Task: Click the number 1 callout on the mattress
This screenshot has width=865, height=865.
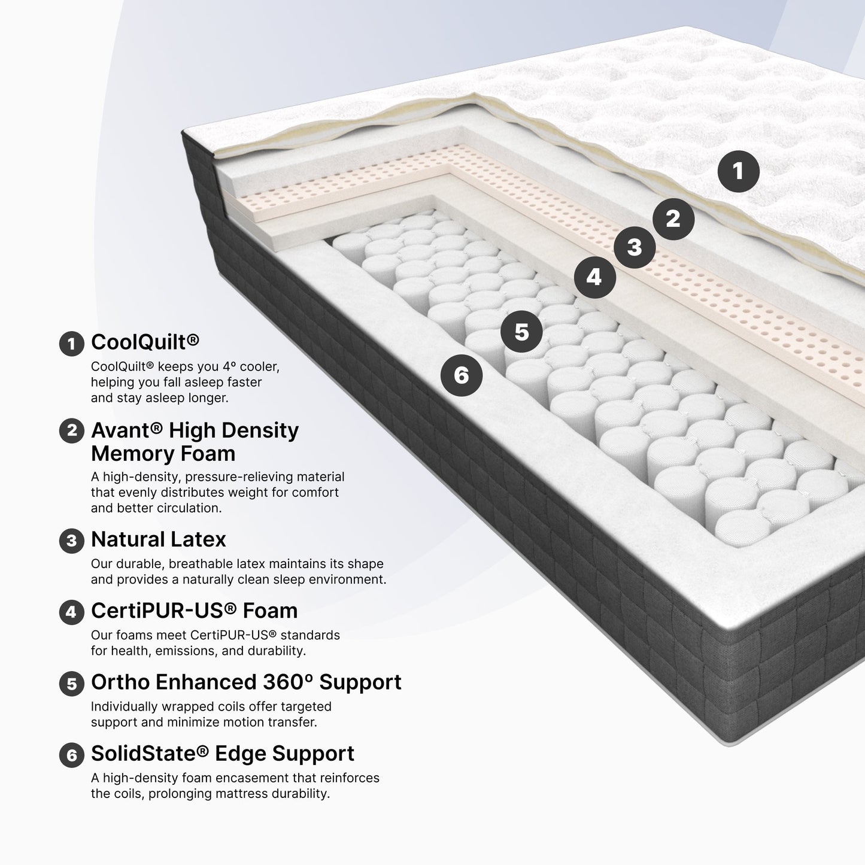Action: click(x=738, y=171)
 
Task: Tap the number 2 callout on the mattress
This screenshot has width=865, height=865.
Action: click(x=673, y=219)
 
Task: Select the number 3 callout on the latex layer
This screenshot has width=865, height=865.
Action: click(x=635, y=247)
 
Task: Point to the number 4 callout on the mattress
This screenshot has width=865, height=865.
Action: click(x=595, y=277)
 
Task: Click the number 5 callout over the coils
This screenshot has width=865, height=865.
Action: click(x=521, y=332)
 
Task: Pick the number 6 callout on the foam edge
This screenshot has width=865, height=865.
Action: click(x=462, y=375)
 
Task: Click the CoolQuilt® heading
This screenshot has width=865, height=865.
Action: click(x=145, y=342)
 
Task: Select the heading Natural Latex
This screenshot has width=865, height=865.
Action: click(x=159, y=539)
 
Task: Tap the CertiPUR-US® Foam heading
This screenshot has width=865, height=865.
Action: click(x=195, y=611)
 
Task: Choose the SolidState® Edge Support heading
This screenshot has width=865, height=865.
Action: click(x=223, y=753)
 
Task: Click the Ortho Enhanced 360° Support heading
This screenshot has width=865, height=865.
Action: click(x=246, y=682)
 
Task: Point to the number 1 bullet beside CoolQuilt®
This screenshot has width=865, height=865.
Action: click(x=72, y=344)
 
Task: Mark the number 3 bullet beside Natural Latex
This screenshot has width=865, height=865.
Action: click(x=72, y=541)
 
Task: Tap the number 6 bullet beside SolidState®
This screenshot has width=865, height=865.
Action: click(x=72, y=755)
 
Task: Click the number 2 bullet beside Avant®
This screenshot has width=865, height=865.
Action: click(x=72, y=431)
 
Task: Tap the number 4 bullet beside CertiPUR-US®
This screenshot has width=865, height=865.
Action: click(x=72, y=612)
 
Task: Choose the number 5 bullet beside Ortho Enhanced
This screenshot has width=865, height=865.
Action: click(x=72, y=684)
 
